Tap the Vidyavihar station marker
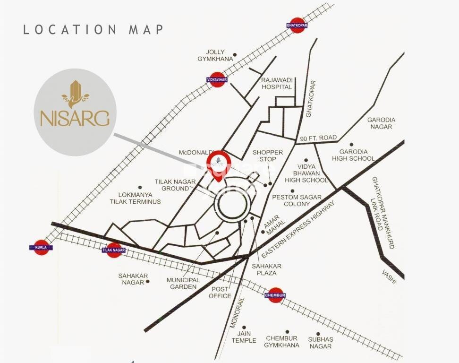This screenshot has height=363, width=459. point(217,79)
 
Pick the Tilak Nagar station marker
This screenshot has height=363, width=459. point(113,250)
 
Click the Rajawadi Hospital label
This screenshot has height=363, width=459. point(277,84)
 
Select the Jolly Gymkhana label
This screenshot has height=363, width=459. point(215,55)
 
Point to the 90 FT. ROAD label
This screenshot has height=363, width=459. point(318,138)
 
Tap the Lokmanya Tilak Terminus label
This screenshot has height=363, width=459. point(135,198)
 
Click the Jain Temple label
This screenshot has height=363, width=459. point(244,337)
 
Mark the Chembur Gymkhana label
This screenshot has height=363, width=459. point(282,342)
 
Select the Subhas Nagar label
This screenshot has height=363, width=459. point(321,343)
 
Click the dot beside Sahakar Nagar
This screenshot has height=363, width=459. point(148,281)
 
